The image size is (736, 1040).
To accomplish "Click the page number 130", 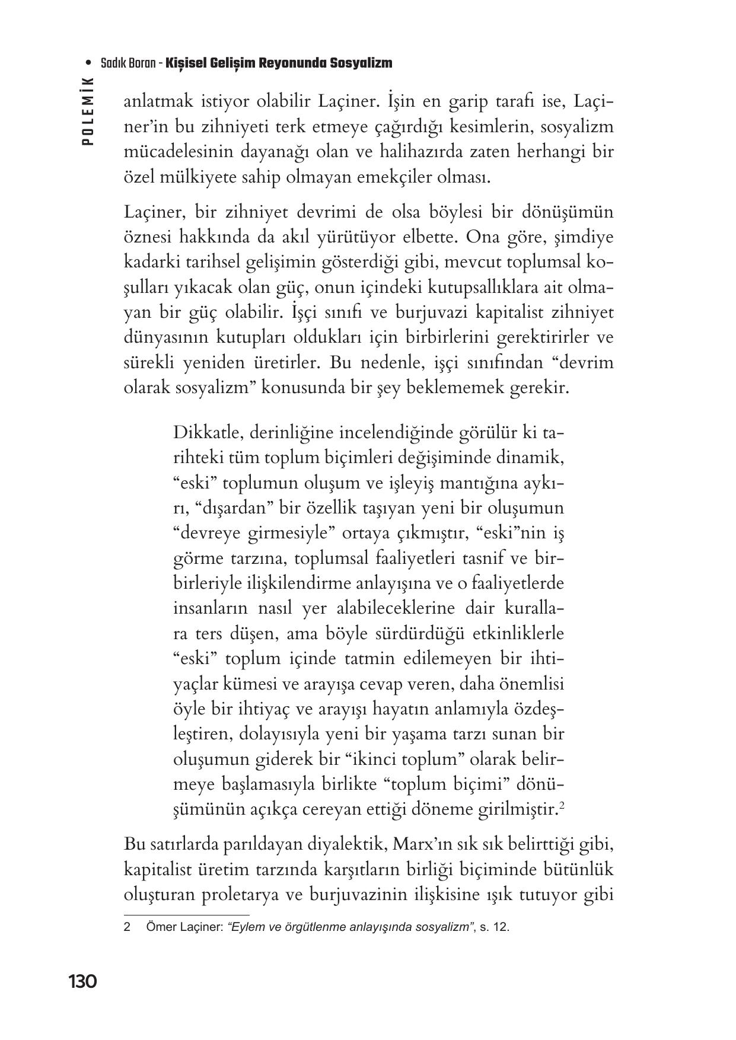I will [82, 982].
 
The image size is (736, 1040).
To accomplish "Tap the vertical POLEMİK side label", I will [88, 112].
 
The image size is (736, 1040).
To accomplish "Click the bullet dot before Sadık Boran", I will [89, 63].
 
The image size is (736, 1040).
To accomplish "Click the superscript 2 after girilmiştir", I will [560, 806].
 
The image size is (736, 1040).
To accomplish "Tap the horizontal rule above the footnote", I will [187, 915].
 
